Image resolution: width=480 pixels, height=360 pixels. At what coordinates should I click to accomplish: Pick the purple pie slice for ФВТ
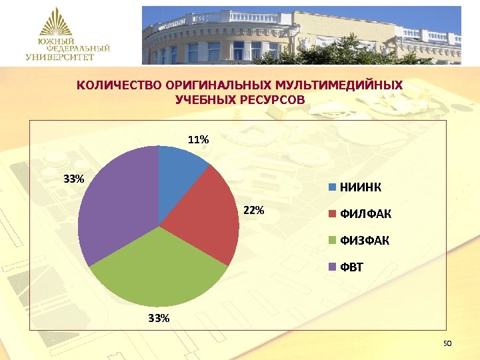[117, 200]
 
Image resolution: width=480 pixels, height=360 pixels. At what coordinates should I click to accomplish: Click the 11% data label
[198, 140]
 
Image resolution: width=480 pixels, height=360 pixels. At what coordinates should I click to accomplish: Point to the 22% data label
[254, 211]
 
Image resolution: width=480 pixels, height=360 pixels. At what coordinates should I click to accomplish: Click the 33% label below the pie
[159, 318]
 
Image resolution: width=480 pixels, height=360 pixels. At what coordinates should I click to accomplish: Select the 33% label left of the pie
[73, 179]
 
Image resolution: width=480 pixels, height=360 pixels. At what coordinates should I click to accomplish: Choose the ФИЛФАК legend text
[366, 214]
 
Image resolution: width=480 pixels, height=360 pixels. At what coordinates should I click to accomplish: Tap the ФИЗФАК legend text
[365, 240]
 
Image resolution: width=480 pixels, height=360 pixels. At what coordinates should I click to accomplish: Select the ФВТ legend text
[353, 267]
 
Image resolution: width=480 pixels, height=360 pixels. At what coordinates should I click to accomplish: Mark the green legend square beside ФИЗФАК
[331, 241]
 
